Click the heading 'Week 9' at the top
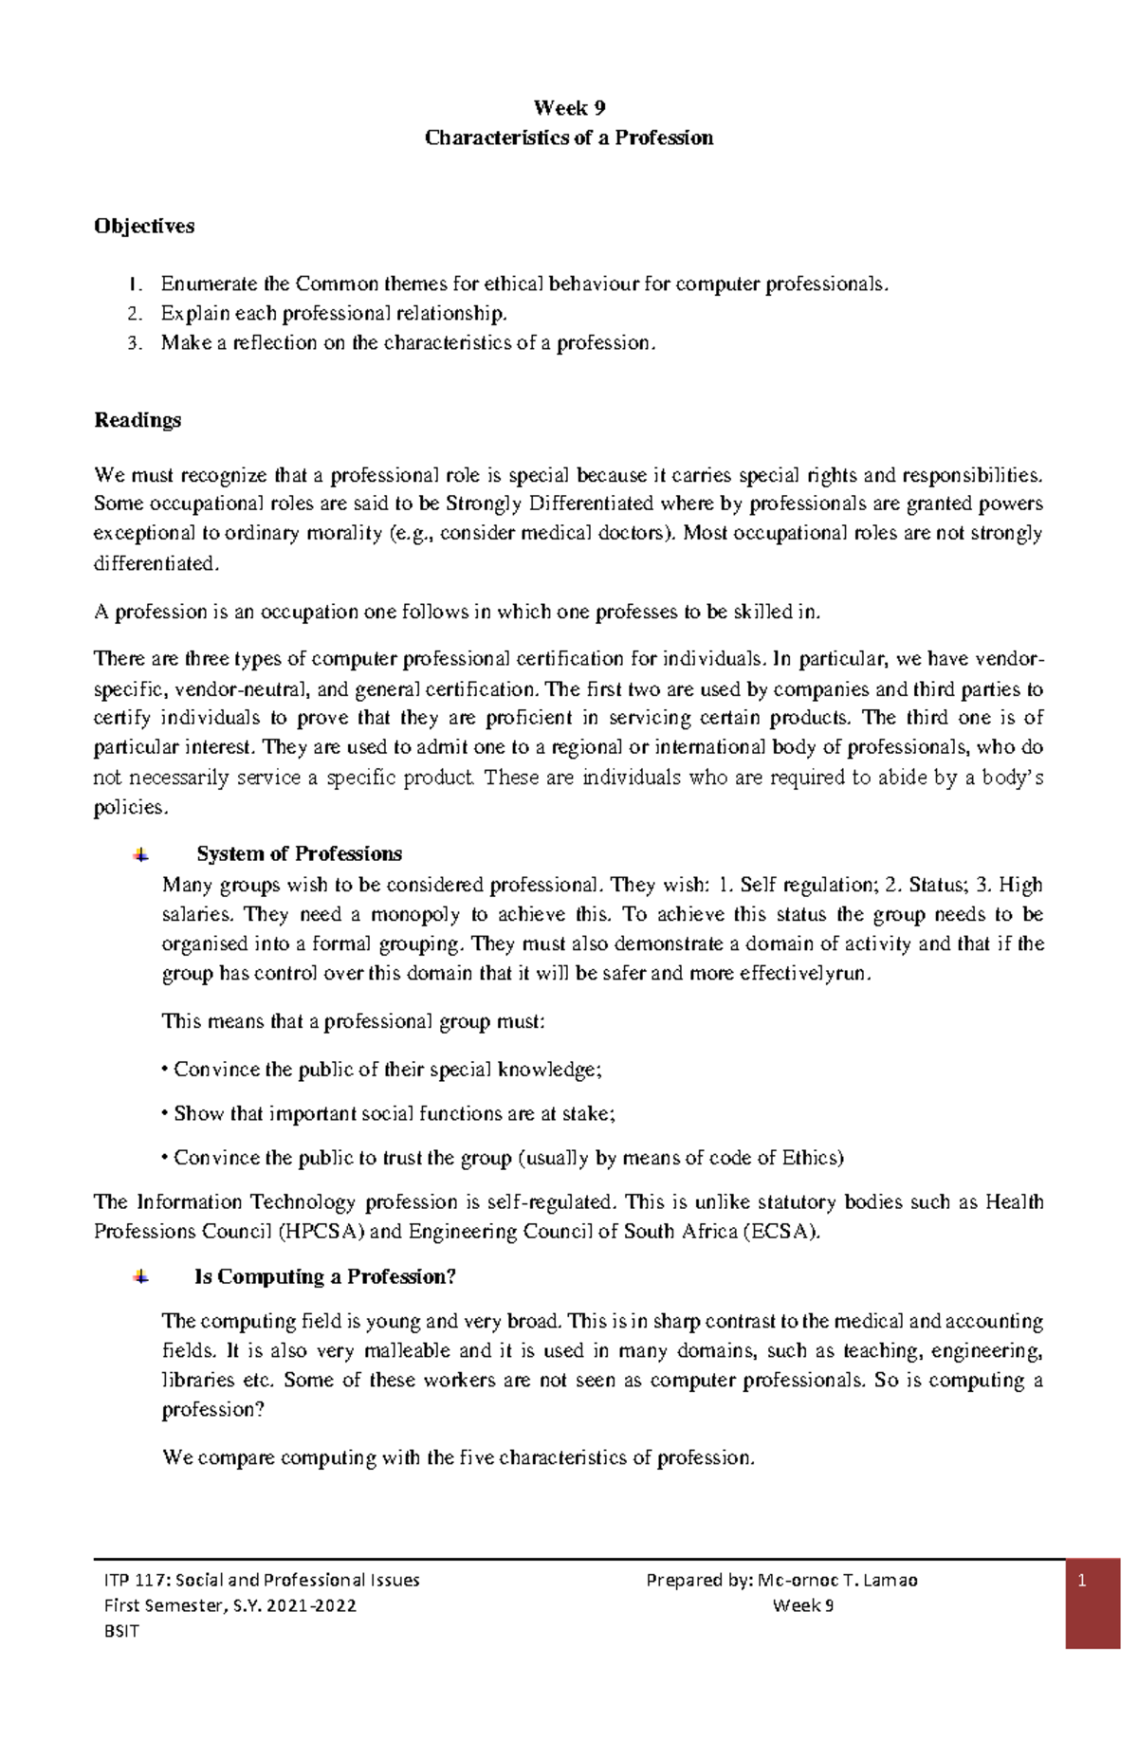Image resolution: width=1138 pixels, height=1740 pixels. click(x=569, y=107)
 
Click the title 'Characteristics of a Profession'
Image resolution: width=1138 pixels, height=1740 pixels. click(x=569, y=138)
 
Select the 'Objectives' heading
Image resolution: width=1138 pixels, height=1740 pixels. click(x=144, y=227)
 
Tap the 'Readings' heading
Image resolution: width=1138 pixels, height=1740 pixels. click(x=138, y=420)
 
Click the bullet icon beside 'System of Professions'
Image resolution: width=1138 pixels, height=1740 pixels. click(x=140, y=854)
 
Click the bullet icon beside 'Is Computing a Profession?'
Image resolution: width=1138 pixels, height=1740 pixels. click(x=140, y=1277)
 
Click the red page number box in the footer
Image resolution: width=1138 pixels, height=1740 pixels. click(x=1092, y=1606)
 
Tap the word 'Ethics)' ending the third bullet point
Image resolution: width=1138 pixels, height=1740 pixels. click(x=812, y=1158)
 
